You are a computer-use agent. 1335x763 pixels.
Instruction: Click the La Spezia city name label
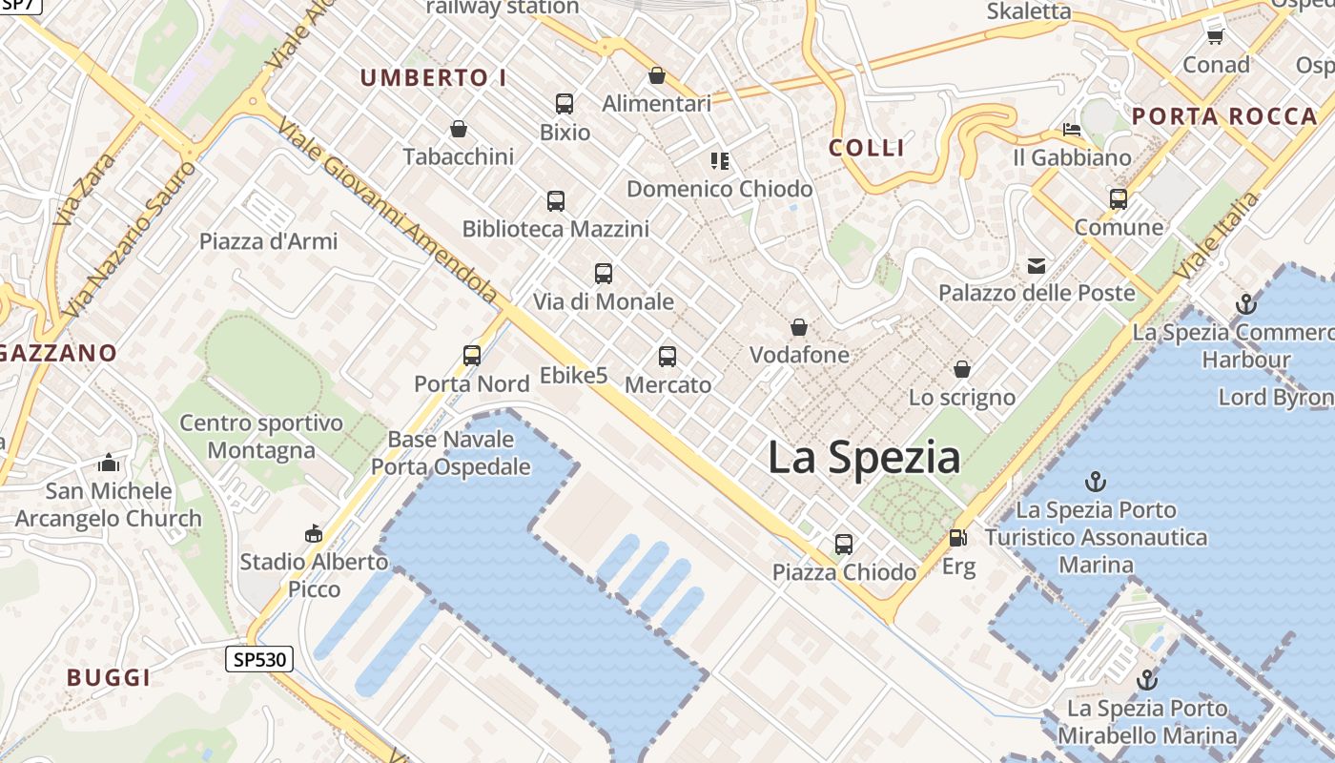[864, 458]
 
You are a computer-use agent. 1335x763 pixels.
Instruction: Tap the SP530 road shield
[259, 659]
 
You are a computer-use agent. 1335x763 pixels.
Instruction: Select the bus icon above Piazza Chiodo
[844, 545]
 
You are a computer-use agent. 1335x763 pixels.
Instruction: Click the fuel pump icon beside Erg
[957, 538]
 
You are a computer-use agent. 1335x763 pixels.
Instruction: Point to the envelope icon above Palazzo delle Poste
[1037, 266]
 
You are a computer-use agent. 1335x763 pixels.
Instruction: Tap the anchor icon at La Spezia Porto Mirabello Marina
[1147, 680]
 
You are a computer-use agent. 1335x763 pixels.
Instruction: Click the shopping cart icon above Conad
[1216, 36]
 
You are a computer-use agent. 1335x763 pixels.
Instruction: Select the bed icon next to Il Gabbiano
[1072, 130]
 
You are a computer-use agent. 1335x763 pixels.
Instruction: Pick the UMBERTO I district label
[433, 78]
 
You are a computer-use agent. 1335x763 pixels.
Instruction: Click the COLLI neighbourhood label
[866, 148]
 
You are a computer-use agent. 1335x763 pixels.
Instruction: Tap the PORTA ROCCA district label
[1224, 117]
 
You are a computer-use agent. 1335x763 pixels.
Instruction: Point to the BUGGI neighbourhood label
[109, 678]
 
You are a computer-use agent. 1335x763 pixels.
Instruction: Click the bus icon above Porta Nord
[472, 356]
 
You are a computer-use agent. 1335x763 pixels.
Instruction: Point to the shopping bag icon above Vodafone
[799, 328]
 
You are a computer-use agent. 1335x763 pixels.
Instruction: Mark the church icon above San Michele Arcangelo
[109, 464]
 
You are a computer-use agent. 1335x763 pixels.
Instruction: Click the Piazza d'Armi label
[268, 241]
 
